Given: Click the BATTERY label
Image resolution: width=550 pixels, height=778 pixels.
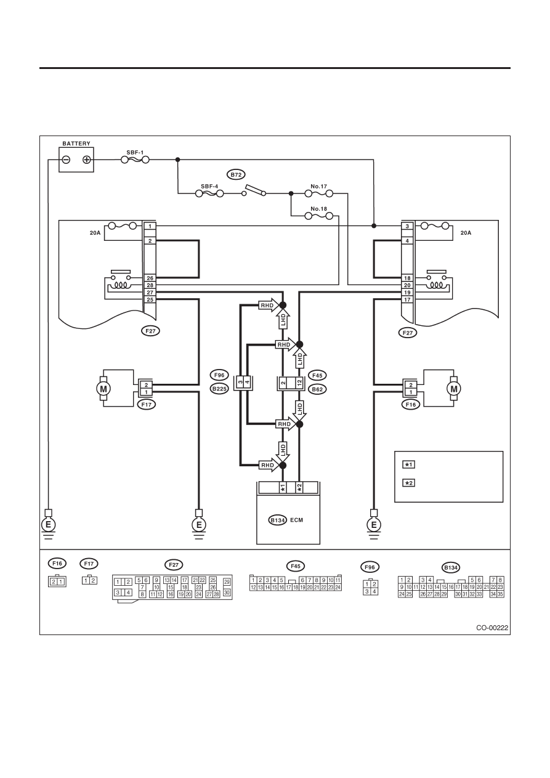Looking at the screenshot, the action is coord(76,144).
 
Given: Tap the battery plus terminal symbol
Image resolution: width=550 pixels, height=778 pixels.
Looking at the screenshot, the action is coord(86,160).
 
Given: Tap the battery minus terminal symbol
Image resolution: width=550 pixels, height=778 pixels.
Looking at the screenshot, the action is coord(66,160).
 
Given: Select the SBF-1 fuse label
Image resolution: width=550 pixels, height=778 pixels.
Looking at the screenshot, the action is coord(135,153).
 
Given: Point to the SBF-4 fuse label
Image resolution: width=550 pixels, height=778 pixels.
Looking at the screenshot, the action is coord(209,187).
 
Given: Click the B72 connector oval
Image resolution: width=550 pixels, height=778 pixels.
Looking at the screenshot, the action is coord(236,174).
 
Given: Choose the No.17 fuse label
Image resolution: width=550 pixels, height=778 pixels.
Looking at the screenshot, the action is coord(319,187).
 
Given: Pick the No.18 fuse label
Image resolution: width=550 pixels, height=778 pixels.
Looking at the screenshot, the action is coord(319,209).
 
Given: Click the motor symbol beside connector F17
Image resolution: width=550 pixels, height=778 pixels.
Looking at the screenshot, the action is coord(103,388).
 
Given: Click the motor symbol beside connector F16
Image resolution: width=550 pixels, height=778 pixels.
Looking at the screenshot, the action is coord(453,388).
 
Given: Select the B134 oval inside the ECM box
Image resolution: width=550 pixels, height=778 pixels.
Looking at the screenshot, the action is coord(278,520).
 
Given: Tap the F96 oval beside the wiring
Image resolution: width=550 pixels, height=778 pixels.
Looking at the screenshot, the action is coord(219,375).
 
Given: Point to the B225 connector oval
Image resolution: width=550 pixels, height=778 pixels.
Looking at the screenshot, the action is coord(219,389).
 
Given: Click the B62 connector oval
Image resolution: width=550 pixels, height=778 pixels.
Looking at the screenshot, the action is coord(317,389).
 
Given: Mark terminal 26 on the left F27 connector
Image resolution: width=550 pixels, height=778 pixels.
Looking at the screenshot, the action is coord(150,278).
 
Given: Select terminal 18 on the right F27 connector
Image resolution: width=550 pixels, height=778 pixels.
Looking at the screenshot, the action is coord(407,278).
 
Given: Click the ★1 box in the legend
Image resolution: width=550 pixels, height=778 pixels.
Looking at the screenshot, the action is coord(409,464).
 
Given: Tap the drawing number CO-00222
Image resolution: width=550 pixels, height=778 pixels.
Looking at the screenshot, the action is coord(492,628).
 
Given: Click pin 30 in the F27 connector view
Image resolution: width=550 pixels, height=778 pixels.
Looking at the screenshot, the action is coord(227,593).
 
